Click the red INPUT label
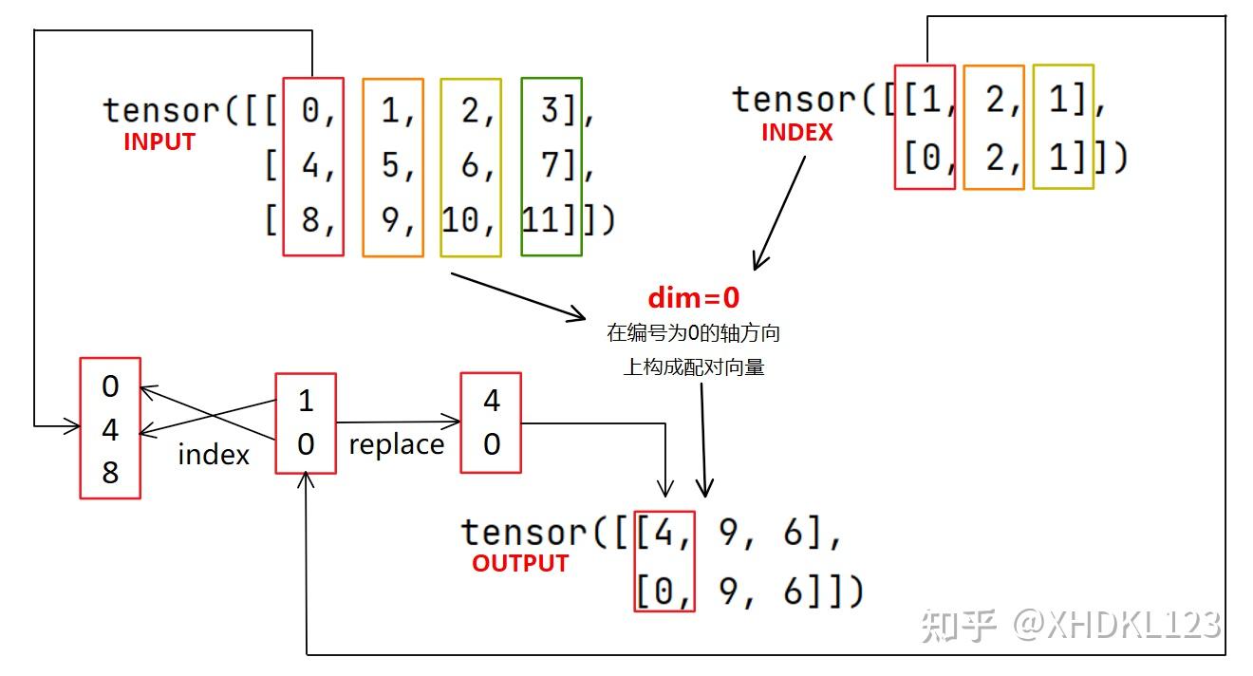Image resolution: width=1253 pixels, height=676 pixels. (159, 141)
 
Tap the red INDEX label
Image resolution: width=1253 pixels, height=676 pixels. (796, 133)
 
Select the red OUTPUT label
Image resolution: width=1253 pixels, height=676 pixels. (519, 563)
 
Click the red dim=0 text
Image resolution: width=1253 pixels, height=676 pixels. (693, 297)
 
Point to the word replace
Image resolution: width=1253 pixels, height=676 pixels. (396, 444)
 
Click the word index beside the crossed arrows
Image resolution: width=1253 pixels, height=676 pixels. (214, 455)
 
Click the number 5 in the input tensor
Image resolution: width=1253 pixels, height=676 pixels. (390, 166)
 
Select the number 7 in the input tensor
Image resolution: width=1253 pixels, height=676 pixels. (550, 166)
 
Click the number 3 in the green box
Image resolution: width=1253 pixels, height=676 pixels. (550, 111)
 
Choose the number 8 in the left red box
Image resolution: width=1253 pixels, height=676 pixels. (110, 472)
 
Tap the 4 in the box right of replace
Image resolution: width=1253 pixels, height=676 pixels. (491, 401)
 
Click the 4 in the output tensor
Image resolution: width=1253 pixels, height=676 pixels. (664, 533)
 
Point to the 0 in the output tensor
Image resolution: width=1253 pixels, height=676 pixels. (664, 592)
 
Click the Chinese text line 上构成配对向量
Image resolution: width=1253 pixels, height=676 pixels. (693, 367)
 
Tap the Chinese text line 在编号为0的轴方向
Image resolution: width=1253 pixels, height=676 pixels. (693, 334)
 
